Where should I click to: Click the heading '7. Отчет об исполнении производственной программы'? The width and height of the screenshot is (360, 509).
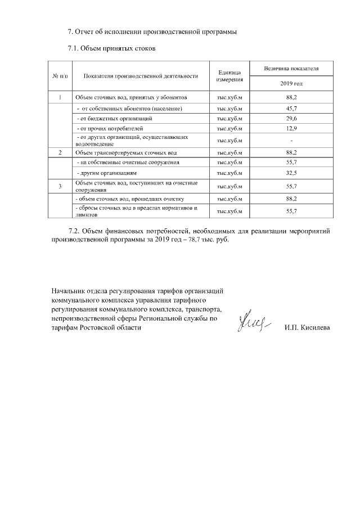click(152, 31)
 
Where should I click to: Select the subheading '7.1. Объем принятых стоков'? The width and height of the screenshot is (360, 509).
click(111, 48)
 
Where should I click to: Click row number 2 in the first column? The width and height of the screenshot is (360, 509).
click(60, 152)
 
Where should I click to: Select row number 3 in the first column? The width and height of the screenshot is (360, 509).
click(60, 186)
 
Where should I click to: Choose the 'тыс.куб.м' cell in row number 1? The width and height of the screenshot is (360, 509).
click(229, 97)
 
